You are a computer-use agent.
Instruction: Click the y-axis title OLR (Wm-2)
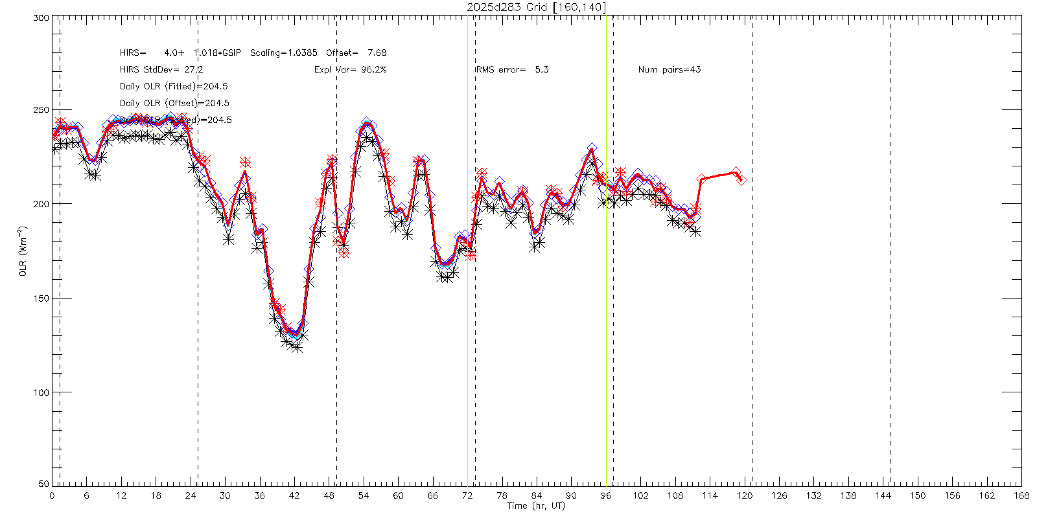click(x=23, y=251)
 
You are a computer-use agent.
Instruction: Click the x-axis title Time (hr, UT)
click(x=536, y=506)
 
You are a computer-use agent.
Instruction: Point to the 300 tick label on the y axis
click(x=41, y=18)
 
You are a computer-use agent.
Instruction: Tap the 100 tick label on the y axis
click(x=41, y=392)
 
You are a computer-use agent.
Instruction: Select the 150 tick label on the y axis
click(x=41, y=298)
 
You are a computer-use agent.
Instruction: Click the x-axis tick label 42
click(x=294, y=495)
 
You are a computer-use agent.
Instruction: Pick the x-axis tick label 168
click(x=1021, y=495)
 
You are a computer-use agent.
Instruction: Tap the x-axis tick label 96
click(x=606, y=495)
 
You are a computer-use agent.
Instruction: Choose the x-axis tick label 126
click(x=779, y=495)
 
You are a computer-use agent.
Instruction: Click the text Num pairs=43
click(x=669, y=69)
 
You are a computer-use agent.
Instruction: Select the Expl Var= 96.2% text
click(x=350, y=69)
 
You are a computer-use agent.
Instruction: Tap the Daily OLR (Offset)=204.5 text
click(x=174, y=103)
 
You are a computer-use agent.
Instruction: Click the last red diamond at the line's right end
click(x=741, y=180)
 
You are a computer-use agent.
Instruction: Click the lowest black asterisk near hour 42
click(x=297, y=347)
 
